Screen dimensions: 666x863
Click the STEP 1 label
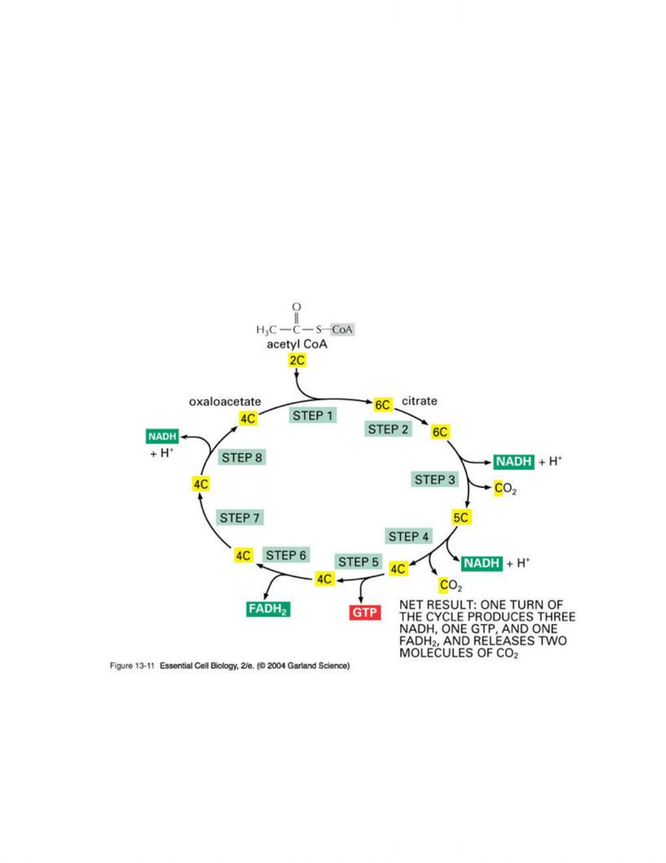pos(313,416)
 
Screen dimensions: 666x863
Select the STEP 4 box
pos(408,536)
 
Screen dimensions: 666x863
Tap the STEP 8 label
pos(242,457)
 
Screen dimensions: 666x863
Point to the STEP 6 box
pos(286,555)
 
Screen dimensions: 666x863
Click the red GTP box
pos(364,612)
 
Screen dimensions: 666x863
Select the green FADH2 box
pos(268,609)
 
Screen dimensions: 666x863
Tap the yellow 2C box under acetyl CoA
pos(296,361)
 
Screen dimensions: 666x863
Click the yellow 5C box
pos(461,517)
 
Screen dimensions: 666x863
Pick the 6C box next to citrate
pos(382,405)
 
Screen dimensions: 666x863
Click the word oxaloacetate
pos(225,402)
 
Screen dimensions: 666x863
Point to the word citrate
pos(420,400)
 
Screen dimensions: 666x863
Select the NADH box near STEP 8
pos(162,436)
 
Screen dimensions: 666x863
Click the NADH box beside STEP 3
pos(514,461)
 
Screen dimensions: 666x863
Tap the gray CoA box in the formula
pos(341,330)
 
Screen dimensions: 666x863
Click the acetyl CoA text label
pos(297,344)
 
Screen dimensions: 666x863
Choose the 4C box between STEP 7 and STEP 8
pos(200,484)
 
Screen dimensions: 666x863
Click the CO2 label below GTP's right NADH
pos(450,585)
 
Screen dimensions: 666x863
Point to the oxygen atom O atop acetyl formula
pos(296,307)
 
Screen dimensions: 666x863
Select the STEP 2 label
pos(388,429)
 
